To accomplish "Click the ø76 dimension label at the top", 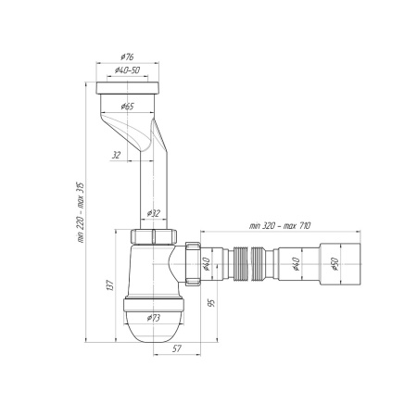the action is pyautogui.click(x=127, y=57).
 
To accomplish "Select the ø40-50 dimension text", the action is pyautogui.click(x=127, y=70).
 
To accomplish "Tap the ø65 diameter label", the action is pyautogui.click(x=127, y=107).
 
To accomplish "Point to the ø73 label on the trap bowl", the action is pyautogui.click(x=154, y=318).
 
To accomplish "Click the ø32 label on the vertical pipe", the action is pyautogui.click(x=154, y=213).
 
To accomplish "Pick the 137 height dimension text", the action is pyautogui.click(x=110, y=285).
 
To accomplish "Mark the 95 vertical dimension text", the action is pyautogui.click(x=211, y=303).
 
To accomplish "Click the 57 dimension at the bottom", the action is pyautogui.click(x=176, y=348).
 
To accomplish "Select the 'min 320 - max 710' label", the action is pyautogui.click(x=280, y=226).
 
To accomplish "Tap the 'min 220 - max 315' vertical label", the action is pyautogui.click(x=80, y=212).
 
